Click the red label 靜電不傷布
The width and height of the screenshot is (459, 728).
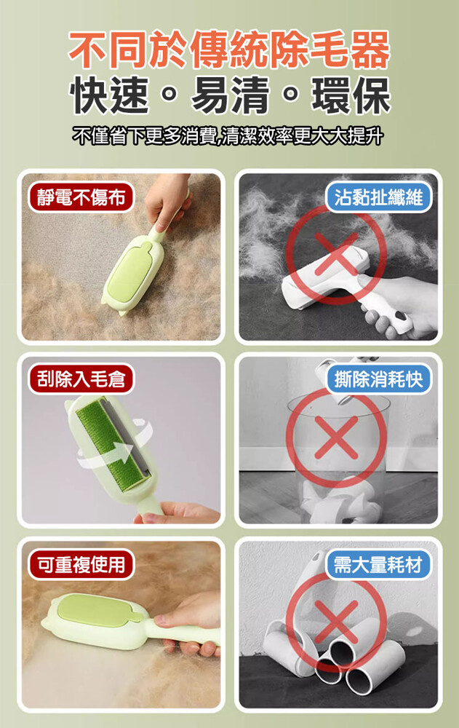81,197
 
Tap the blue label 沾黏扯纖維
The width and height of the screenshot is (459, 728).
378,197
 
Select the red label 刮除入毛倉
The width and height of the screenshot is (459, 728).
81,379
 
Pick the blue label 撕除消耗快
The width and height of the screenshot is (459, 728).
378,379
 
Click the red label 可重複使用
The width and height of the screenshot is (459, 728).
81,564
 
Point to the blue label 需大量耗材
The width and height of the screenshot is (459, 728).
378,564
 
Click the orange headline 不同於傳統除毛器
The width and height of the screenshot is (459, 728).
229,49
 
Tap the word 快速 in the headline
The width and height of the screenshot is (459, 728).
110,95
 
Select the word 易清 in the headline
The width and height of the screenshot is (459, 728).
230,95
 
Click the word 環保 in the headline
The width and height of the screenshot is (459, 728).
351,95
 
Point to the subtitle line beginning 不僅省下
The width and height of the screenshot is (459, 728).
228,136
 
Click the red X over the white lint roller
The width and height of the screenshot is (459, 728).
336,254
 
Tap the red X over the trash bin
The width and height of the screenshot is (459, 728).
336,438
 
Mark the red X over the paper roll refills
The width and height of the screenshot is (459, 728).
336,622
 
